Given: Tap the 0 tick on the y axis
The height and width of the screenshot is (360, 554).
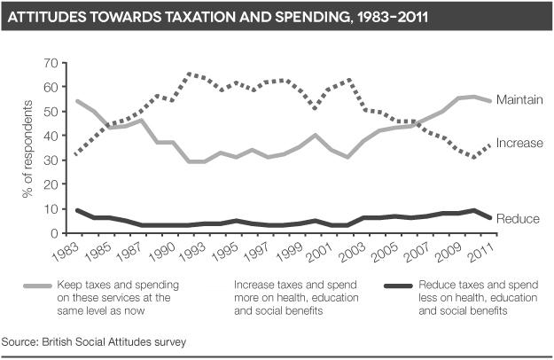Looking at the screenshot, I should [x=53, y=233].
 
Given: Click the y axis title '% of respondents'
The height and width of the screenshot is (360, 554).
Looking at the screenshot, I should [x=28, y=147].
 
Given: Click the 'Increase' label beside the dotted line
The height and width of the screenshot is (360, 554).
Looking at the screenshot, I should [x=519, y=143].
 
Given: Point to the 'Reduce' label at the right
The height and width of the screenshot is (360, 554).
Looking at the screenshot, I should [x=517, y=219].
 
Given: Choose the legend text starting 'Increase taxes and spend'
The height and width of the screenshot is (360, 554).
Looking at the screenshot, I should [x=295, y=299].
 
